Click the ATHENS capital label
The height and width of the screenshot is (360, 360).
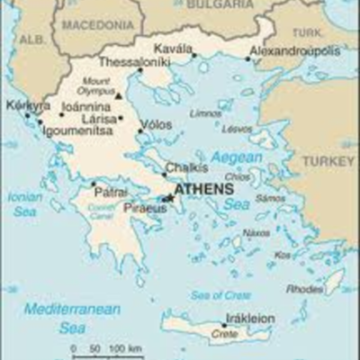(x=203, y=190)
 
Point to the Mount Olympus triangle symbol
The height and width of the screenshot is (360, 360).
(x=118, y=94)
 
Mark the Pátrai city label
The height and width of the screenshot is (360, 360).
(x=112, y=192)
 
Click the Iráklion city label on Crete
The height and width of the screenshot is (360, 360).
(x=249, y=319)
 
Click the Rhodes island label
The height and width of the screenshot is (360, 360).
(x=303, y=289)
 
